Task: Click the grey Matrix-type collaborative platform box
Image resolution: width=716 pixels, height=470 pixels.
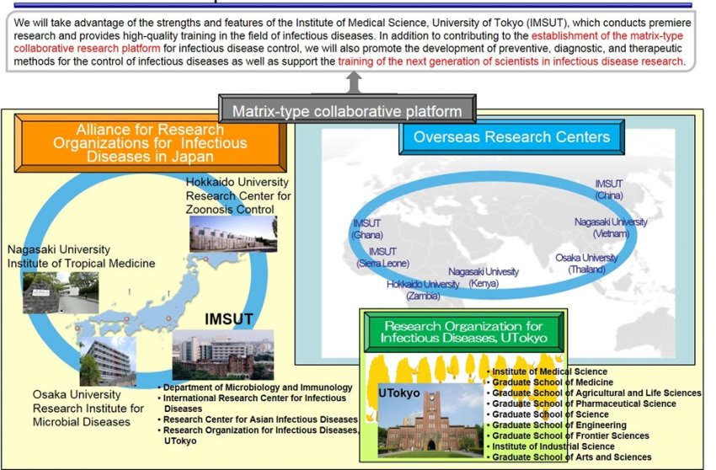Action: pyautogui.click(x=347, y=109)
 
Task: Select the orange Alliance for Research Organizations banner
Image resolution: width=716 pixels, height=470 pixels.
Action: pyautogui.click(x=150, y=143)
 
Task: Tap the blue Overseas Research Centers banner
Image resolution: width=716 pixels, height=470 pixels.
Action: pyautogui.click(x=511, y=137)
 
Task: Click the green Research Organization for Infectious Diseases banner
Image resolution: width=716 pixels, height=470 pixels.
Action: pyautogui.click(x=463, y=332)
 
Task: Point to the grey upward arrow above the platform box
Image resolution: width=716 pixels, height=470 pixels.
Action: pyautogui.click(x=354, y=83)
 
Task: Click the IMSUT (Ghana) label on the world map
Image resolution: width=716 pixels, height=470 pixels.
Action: pyautogui.click(x=367, y=229)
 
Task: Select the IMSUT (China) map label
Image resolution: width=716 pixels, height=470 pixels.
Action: pyautogui.click(x=609, y=190)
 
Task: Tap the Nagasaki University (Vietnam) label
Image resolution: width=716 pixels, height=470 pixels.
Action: pyautogui.click(x=611, y=227)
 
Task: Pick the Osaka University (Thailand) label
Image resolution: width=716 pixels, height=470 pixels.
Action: pyautogui.click(x=587, y=264)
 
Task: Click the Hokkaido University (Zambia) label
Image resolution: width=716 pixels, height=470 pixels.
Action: pyautogui.click(x=423, y=290)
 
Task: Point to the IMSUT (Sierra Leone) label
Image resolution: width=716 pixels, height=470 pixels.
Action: pyautogui.click(x=382, y=258)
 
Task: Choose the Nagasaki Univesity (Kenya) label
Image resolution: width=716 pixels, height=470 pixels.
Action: pyautogui.click(x=484, y=277)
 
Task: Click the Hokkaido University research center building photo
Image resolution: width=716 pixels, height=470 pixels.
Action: pyautogui.click(x=233, y=233)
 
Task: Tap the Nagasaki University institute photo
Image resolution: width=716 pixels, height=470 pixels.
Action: pyautogui.click(x=61, y=292)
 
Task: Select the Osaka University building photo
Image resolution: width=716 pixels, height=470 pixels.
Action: pyautogui.click(x=108, y=361)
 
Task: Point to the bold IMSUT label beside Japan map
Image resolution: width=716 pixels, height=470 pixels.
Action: pyautogui.click(x=229, y=319)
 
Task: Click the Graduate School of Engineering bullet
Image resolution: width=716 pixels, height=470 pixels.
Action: pyautogui.click(x=557, y=425)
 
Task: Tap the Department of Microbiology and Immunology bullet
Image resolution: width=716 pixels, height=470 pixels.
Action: pyautogui.click(x=256, y=387)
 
